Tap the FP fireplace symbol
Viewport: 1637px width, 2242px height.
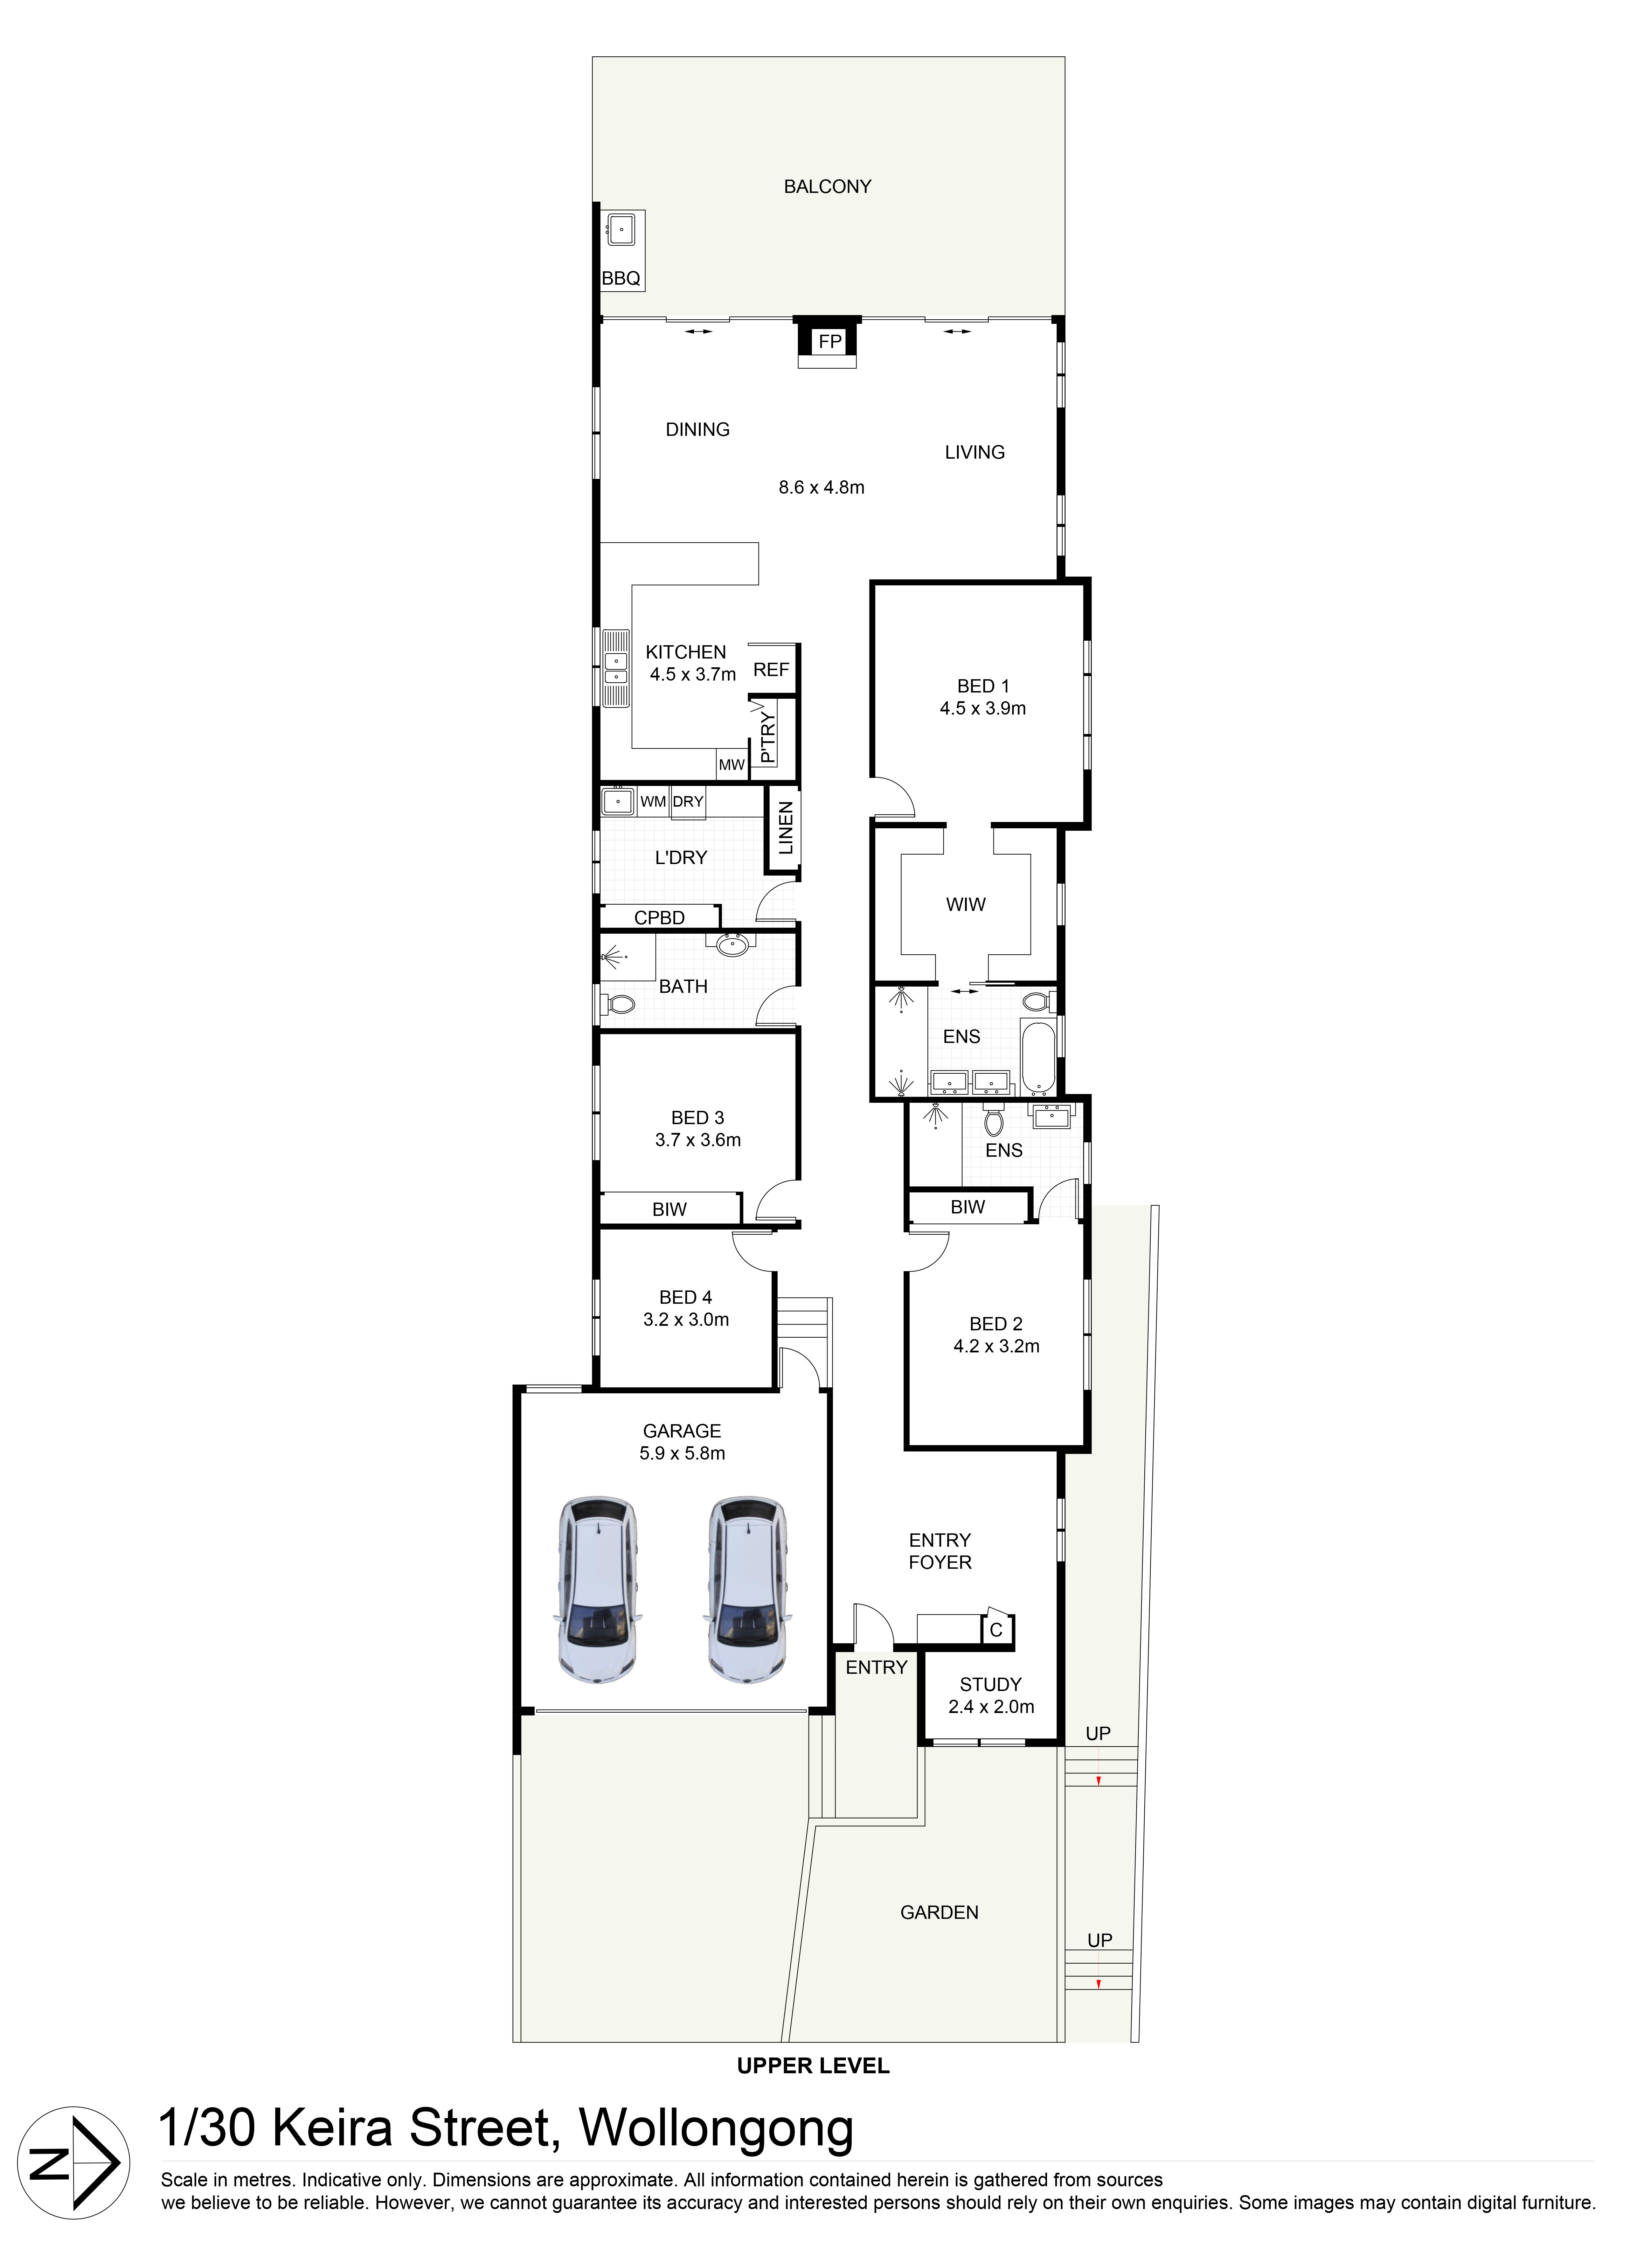830,342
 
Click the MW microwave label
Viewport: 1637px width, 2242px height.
731,765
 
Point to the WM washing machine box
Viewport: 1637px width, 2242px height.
653,801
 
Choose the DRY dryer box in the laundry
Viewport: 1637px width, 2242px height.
688,801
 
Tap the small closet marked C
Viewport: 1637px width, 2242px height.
996,1630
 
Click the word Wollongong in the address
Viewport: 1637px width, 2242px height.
715,2128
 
